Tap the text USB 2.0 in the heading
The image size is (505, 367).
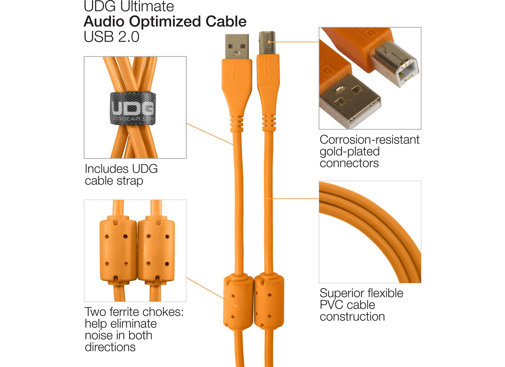[x=111, y=37]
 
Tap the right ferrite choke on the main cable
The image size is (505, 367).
[x=269, y=301]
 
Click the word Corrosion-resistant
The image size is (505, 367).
[x=370, y=140]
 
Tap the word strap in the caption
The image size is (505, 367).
[x=130, y=181]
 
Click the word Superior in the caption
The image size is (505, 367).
[x=340, y=293]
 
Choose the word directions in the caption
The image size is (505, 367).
[x=110, y=347]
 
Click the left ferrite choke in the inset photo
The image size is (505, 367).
[x=118, y=250]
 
